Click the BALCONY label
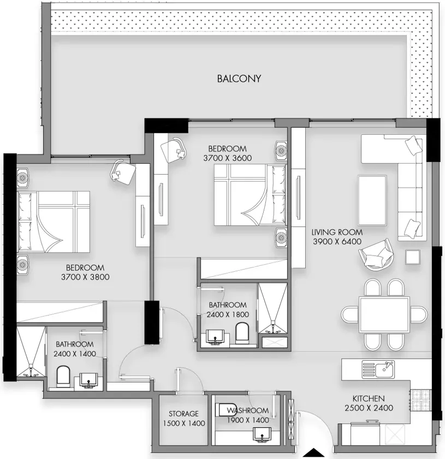point(239,79)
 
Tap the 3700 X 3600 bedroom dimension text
point(228,158)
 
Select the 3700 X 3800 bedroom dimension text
point(85,277)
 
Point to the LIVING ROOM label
point(337,232)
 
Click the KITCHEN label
point(369,398)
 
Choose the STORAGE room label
point(183,414)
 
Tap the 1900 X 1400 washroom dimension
point(248,420)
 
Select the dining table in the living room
point(384,315)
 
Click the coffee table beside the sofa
point(372,200)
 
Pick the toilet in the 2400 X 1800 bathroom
point(242,333)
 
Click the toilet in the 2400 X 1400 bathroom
point(63,377)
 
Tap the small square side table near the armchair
point(413,257)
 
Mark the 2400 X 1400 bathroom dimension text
point(75,354)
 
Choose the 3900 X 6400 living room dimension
point(337,241)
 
